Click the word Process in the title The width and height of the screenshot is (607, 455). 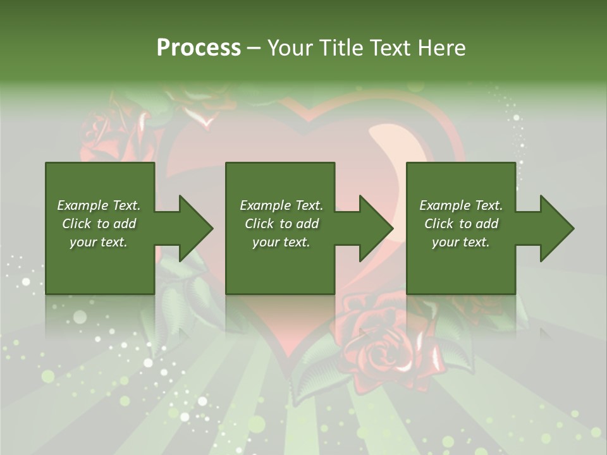pos(199,48)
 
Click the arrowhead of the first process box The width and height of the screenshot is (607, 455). pos(192,228)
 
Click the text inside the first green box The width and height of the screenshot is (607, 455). pos(99,224)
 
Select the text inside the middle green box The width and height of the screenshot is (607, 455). pos(281,224)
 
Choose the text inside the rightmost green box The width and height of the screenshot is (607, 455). pos(461,224)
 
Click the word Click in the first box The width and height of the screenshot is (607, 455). pos(77,224)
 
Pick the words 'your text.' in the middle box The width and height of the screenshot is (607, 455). pos(281,242)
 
